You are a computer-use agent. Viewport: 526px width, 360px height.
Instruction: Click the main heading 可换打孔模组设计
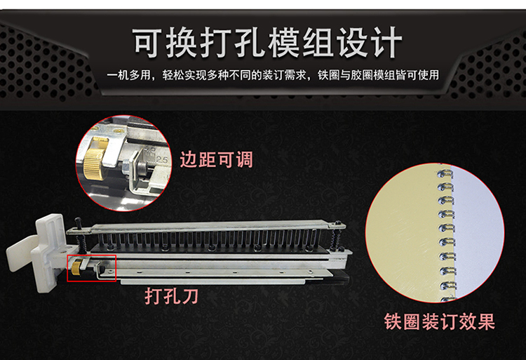[268, 43]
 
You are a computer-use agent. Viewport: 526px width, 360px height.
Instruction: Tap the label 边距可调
[217, 159]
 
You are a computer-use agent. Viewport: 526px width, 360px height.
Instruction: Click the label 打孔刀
[171, 296]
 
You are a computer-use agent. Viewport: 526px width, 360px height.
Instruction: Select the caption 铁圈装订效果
[440, 321]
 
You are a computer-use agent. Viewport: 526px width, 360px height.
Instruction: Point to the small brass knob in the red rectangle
[77, 267]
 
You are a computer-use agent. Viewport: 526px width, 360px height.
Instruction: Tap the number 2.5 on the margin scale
[161, 160]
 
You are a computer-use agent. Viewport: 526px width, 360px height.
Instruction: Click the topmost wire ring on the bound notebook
[445, 174]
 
